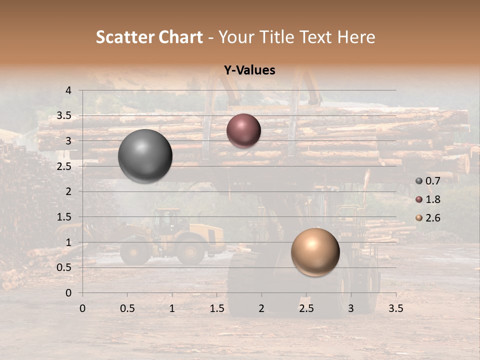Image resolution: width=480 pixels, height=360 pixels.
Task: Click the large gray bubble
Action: (145, 156)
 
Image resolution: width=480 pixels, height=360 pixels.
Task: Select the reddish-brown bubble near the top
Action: (243, 131)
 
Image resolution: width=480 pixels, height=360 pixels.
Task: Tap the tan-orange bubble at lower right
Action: (315, 252)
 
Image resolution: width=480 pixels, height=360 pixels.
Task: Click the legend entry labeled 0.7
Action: (428, 181)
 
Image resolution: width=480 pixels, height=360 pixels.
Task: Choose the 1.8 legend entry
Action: (428, 199)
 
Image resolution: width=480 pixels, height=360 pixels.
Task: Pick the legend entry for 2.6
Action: (428, 218)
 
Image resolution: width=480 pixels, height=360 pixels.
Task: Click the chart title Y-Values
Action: (249, 70)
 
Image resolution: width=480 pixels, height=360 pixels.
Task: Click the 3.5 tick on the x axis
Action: (395, 308)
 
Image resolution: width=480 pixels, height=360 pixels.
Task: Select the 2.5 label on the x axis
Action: (306, 308)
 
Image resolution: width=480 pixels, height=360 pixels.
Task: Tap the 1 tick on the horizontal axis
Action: (172, 308)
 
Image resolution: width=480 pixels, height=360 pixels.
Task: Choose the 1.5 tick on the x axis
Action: (216, 308)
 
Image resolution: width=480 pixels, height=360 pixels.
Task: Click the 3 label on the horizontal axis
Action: (351, 308)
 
